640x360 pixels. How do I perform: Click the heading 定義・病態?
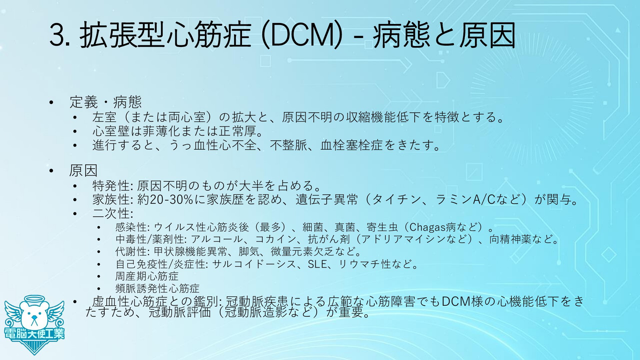click(106, 102)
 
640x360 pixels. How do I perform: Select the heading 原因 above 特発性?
click(83, 171)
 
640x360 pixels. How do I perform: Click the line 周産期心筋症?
click(147, 276)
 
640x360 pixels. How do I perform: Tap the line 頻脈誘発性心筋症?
click(157, 288)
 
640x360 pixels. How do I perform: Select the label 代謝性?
click(131, 251)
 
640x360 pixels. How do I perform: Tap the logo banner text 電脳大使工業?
click(34, 334)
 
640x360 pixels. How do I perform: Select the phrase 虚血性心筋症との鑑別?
click(155, 301)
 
